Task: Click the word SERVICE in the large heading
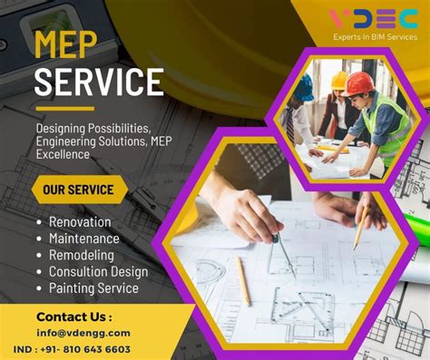pyautogui.click(x=98, y=82)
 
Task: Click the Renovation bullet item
pyautogui.click(x=80, y=222)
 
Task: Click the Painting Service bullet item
pyautogui.click(x=93, y=288)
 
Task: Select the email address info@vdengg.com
pyautogui.click(x=83, y=333)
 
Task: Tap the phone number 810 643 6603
pyautogui.click(x=97, y=349)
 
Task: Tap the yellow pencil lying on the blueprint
pyautogui.click(x=243, y=280)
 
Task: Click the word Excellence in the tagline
pyautogui.click(x=64, y=155)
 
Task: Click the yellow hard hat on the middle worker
pyautogui.click(x=339, y=80)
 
